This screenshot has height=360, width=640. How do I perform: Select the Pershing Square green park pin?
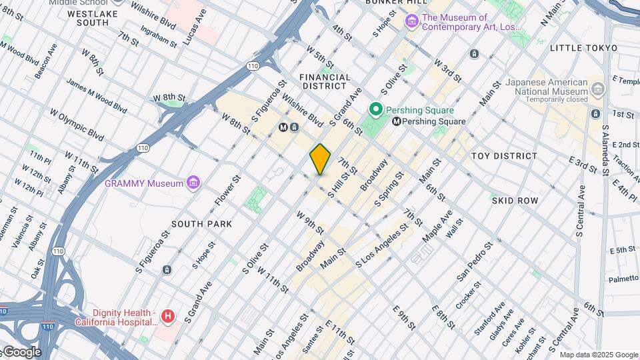[375, 109]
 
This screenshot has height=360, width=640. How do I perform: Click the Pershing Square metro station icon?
[397, 121]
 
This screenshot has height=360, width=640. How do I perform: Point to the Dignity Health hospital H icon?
[168, 317]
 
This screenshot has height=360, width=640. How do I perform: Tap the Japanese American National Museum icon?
[598, 89]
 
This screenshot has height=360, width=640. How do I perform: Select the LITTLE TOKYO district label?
[577, 48]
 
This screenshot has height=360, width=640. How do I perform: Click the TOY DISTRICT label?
[504, 156]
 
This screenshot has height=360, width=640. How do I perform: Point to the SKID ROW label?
[515, 200]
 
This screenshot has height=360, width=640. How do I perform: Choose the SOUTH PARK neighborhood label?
[201, 224]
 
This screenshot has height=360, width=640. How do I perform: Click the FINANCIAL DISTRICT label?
[325, 81]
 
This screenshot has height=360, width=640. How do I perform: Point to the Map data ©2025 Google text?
[599, 355]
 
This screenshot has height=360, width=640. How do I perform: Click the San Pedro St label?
[474, 261]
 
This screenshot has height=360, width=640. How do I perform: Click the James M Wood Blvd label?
[96, 95]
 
